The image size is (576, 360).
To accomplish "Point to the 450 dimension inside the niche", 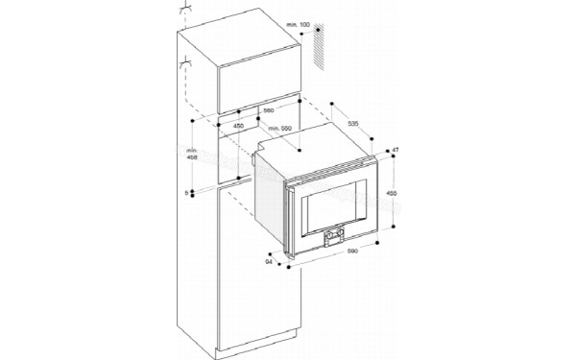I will click(237, 126).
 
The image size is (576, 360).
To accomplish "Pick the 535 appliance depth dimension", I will click(352, 125).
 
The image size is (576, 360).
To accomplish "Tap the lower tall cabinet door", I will click(257, 278).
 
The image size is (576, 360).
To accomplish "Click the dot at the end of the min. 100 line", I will click(316, 29).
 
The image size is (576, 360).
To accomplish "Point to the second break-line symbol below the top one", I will click(182, 67).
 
